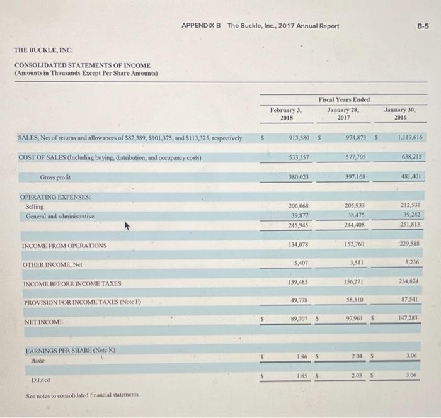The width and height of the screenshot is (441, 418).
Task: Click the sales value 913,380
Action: pos(297,137)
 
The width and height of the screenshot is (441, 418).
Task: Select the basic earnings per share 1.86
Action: pos(302,357)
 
